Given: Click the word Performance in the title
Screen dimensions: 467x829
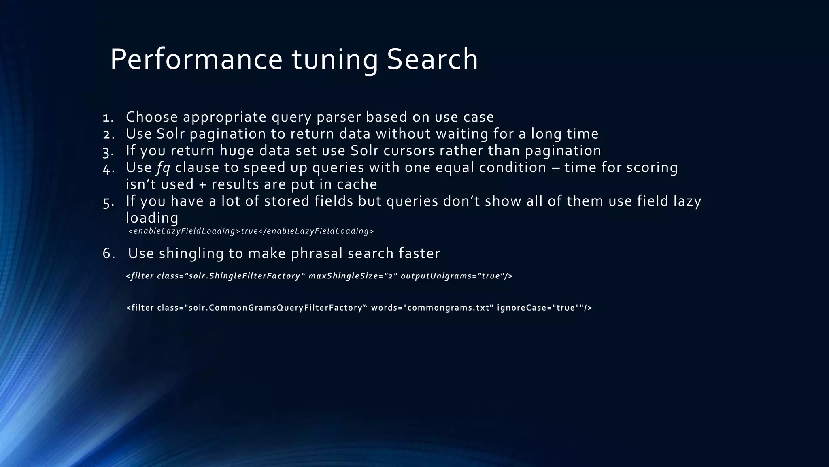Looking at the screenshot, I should coord(196,60).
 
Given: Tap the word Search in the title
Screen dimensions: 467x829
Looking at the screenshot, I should coord(432,60).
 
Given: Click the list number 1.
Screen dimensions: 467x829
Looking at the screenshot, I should coord(108,118).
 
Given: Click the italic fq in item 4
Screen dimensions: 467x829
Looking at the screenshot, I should coord(163,168).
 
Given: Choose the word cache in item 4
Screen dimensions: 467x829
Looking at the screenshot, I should coord(357,184).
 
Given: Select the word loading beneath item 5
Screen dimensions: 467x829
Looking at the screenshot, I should coord(152,218).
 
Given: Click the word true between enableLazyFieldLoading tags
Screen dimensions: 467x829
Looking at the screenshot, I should coord(249,231).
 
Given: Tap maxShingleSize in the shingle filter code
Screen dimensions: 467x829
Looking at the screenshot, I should coord(343,276).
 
